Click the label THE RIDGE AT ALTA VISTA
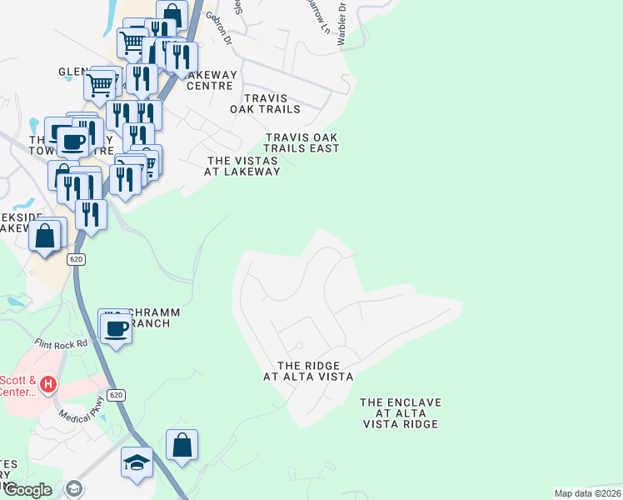point(308,371)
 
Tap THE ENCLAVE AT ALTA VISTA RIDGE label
point(401,413)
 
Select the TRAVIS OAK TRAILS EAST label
point(302,142)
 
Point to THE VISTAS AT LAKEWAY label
point(243,166)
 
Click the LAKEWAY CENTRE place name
point(212,80)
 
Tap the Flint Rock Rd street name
point(61,343)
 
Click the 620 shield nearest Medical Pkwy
point(116,395)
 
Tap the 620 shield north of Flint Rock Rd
point(77,259)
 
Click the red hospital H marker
point(48,384)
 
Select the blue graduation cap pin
point(137,462)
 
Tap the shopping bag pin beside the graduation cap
point(182,445)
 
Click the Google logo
point(27,490)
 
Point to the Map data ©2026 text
point(587,493)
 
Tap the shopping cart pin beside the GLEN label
point(100,84)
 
